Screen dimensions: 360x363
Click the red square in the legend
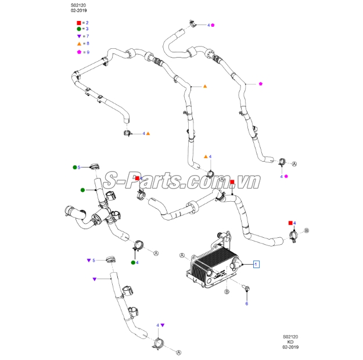pos(79,22)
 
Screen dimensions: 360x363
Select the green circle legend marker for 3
pos(79,28)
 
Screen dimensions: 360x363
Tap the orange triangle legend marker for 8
pos(79,44)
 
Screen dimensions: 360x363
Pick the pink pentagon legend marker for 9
pos(79,52)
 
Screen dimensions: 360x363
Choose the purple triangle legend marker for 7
pos(79,36)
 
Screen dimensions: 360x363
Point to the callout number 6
pos(246,304)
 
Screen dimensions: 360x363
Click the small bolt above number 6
pos(246,288)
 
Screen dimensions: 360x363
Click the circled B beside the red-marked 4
pos(307,231)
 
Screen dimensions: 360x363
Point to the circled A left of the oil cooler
pos(183,255)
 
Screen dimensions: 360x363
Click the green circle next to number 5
pos(75,167)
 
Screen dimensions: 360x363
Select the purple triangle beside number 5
pos(89,260)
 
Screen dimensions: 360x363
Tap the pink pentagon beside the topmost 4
pos(213,26)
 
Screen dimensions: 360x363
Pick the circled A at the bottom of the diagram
pos(178,352)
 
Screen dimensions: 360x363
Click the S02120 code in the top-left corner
pos(71,6)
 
